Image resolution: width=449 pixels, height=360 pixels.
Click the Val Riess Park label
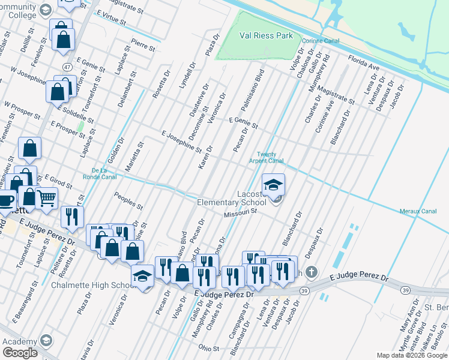click(x=266, y=36)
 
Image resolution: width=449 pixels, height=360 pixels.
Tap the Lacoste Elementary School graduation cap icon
click(x=274, y=184)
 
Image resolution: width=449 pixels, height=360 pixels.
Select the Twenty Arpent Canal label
click(x=266, y=157)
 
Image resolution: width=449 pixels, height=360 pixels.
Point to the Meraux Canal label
click(x=418, y=211)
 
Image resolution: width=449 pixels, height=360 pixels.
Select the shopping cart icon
click(x=46, y=197)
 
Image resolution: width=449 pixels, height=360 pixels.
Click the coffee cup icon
click(x=6, y=200)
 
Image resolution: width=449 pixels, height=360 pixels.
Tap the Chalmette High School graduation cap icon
click(x=142, y=275)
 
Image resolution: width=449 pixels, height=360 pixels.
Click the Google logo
click(x=20, y=353)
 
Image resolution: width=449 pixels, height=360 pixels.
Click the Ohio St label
click(x=209, y=348)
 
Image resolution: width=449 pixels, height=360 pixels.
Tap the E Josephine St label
click(x=181, y=140)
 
